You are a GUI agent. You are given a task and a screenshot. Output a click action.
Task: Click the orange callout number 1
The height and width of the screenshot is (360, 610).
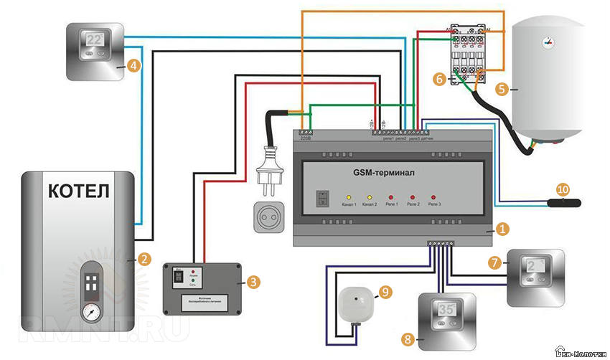point(502,229)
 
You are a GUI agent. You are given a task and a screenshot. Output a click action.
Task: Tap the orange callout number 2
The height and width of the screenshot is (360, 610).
point(144,259)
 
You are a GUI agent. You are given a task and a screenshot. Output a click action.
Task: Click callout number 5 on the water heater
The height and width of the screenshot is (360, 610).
point(502,90)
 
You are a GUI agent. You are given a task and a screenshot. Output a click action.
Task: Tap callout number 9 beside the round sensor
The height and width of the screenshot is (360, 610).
point(385,292)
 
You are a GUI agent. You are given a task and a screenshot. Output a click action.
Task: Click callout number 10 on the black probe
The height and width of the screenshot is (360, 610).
point(562,189)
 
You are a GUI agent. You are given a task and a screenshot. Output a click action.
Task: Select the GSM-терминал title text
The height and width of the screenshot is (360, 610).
point(384,173)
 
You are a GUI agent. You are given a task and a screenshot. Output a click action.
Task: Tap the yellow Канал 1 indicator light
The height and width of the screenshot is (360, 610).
point(349,196)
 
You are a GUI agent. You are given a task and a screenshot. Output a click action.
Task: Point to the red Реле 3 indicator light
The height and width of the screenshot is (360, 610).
point(433,196)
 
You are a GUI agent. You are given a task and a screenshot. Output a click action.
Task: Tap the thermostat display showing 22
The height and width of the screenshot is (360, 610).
point(95,42)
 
